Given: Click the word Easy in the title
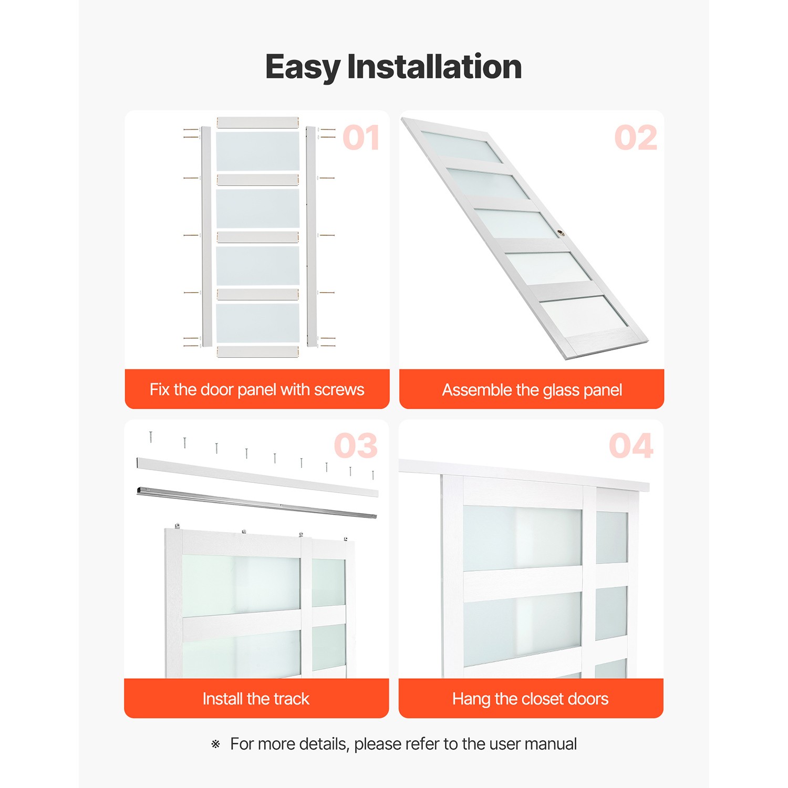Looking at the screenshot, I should [303, 67].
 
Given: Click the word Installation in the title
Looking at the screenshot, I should [434, 67].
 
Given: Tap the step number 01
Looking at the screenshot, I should [361, 138].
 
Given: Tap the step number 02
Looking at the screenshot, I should [635, 138].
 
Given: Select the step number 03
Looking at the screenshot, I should [356, 446].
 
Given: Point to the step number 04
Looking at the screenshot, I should [630, 446].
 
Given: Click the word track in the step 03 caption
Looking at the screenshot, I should [291, 699].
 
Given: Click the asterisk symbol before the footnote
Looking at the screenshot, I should [215, 744].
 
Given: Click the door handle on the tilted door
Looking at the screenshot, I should [561, 233].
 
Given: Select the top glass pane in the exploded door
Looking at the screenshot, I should [257, 151].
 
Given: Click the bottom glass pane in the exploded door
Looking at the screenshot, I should [257, 323].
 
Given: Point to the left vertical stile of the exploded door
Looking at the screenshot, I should [206, 236].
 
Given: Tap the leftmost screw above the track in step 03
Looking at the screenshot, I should [151, 437].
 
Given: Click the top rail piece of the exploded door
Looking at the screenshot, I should [257, 122].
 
